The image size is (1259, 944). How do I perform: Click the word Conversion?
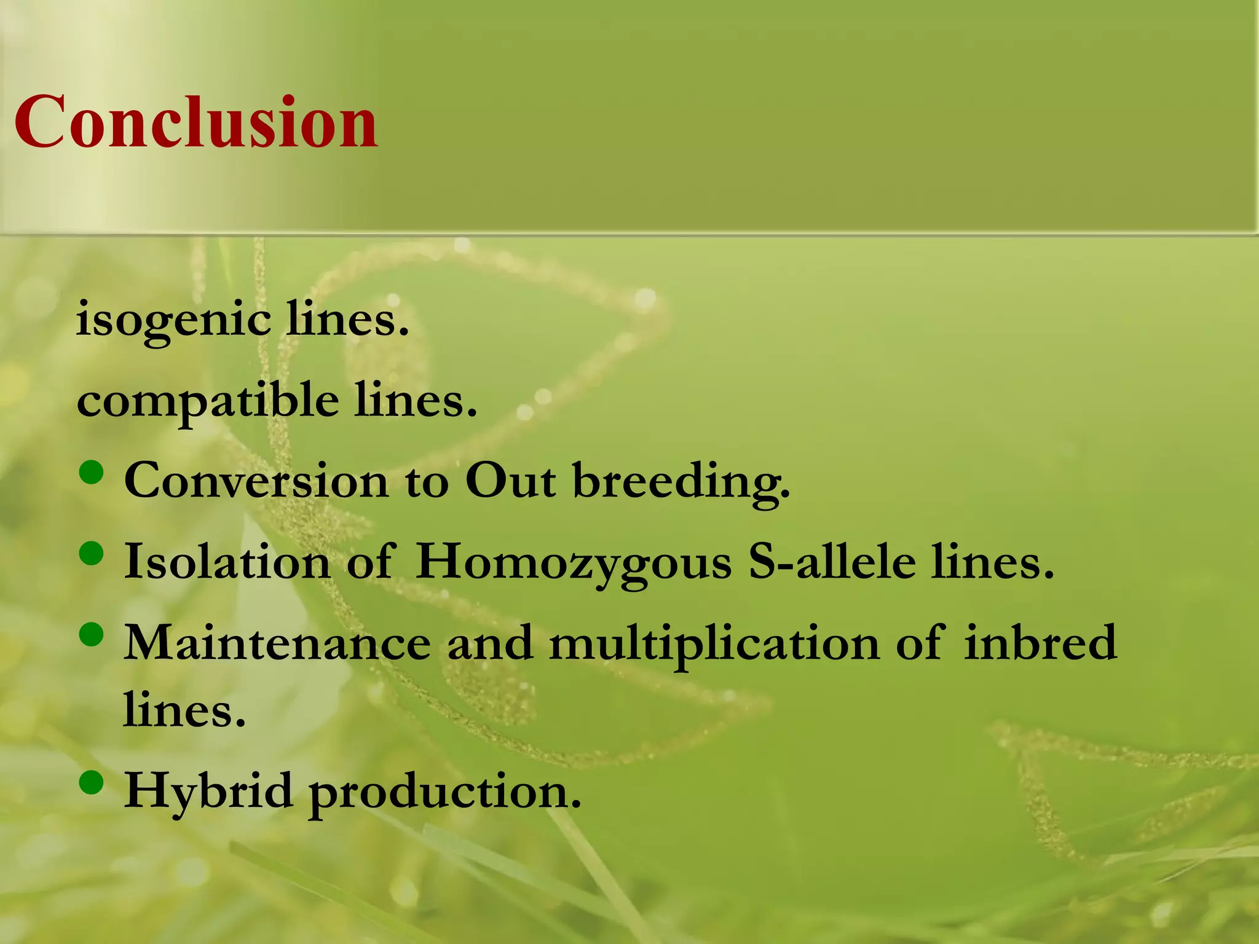(x=256, y=481)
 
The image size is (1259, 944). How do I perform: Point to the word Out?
(x=510, y=481)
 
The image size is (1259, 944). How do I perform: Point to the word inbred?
(x=1040, y=643)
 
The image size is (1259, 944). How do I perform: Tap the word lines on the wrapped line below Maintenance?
(x=184, y=710)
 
